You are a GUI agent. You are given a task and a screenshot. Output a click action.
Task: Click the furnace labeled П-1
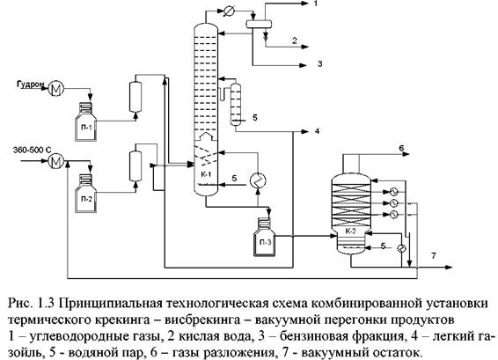85,121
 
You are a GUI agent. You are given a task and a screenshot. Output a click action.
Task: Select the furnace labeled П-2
85,193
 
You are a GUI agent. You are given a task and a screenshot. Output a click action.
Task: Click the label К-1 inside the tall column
206,174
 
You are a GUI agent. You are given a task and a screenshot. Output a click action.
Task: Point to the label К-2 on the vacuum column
350,231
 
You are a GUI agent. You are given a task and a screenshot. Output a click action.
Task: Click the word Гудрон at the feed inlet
31,84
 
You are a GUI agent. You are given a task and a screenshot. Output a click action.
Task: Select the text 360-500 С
32,150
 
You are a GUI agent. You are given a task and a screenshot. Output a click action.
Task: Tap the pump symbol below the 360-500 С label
56,162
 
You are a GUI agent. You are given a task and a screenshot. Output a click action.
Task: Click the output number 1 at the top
315,4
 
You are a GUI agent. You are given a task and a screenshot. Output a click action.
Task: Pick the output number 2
295,40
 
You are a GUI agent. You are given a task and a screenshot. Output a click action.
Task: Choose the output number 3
319,63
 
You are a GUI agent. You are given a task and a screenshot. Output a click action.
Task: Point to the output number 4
317,131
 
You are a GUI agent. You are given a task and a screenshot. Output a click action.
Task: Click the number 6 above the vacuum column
401,148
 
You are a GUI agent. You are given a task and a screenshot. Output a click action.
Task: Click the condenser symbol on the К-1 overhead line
228,11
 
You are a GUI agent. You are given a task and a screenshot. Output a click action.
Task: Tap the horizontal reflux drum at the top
259,24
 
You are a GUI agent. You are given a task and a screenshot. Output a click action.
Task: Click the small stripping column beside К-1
236,104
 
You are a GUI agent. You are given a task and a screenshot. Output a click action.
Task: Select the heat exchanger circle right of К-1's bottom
258,180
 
